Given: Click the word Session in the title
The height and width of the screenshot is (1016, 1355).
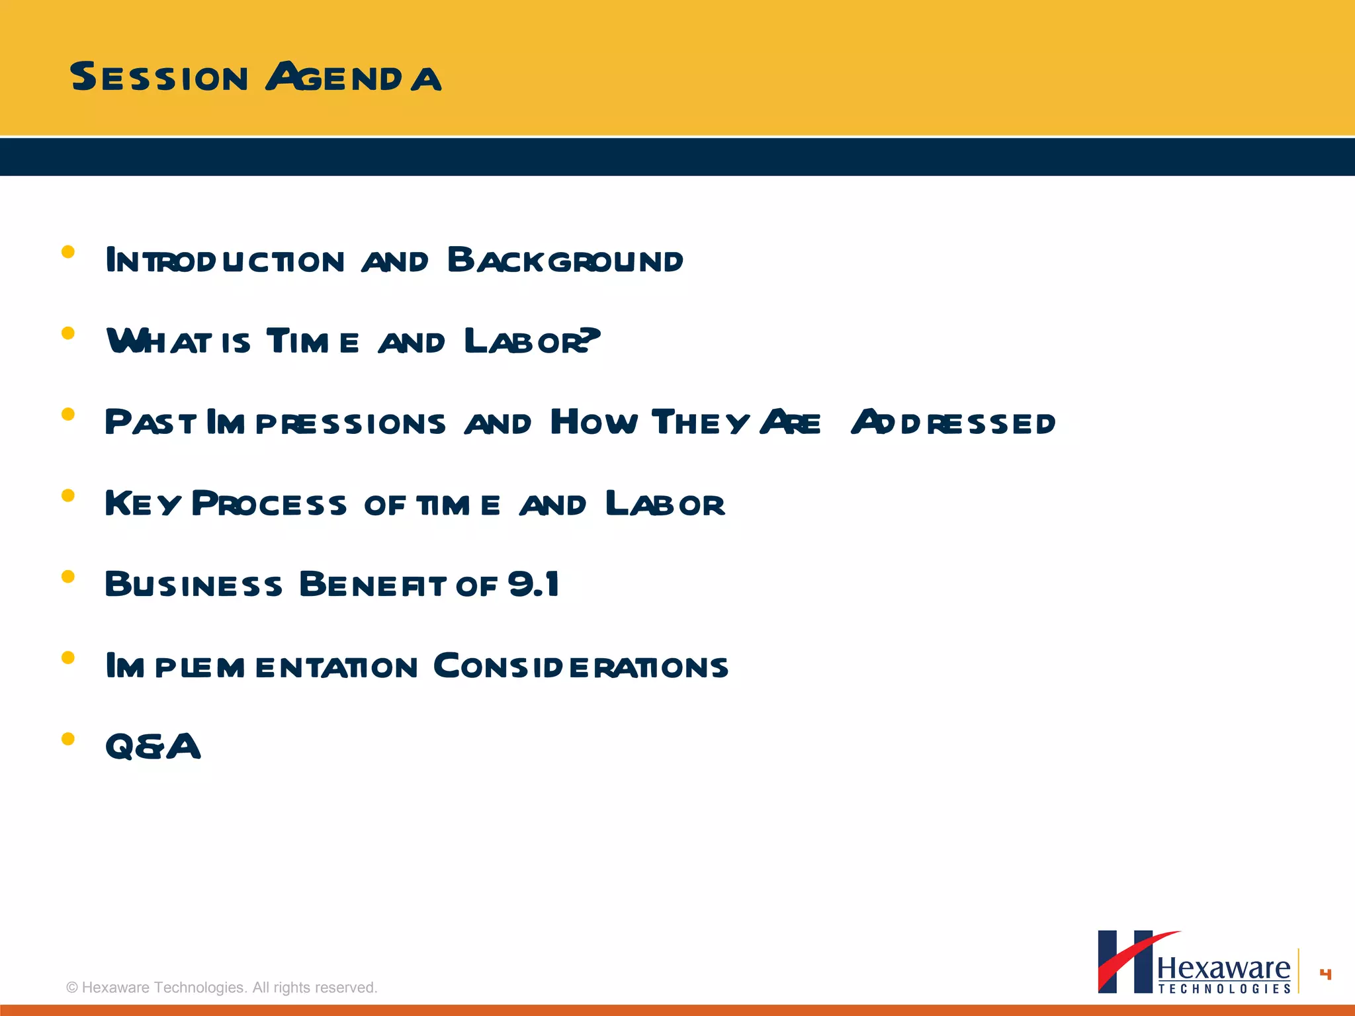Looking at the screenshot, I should pyautogui.click(x=159, y=77).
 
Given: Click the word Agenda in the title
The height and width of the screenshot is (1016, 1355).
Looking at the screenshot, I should pyautogui.click(x=353, y=77).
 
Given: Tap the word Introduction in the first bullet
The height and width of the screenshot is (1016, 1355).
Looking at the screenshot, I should pyautogui.click(x=225, y=261).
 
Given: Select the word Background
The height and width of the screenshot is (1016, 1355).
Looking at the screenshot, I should pyautogui.click(x=565, y=261).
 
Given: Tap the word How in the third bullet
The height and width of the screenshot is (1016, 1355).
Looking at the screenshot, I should pyautogui.click(x=593, y=422).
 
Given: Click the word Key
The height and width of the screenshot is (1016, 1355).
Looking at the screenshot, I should pyautogui.click(x=142, y=504).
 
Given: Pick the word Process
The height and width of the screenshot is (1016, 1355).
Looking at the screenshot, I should pyautogui.click(x=269, y=504).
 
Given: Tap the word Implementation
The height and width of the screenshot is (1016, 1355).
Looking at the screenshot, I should pyautogui.click(x=262, y=667).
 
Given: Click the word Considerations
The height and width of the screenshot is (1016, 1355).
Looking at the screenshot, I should pyautogui.click(x=580, y=667).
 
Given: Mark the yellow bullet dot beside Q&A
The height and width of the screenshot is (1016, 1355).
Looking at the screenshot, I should pyautogui.click(x=67, y=739).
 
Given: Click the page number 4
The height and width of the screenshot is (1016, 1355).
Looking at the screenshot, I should pyautogui.click(x=1325, y=974).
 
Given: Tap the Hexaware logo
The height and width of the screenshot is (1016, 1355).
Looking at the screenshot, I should pyautogui.click(x=1194, y=963).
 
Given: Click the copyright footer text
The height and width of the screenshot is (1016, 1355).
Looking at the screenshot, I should pyautogui.click(x=222, y=988).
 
